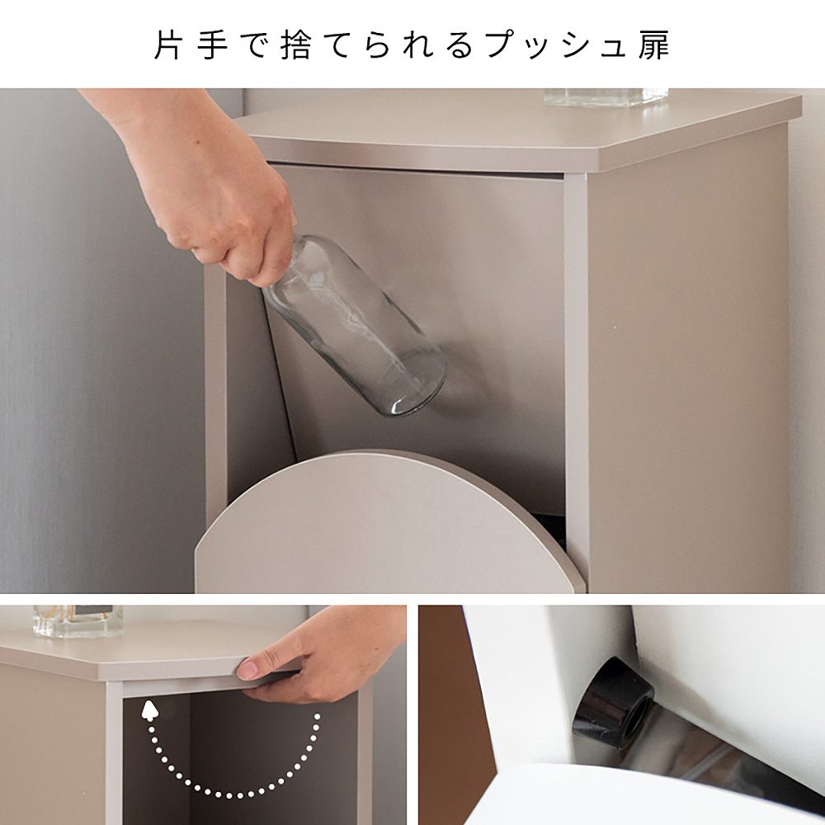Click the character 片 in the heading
coord(169,46)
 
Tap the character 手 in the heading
coord(212,46)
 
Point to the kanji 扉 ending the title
coord(654,46)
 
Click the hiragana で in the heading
coord(255,46)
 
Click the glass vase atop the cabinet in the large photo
coord(606,96)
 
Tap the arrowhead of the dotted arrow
coord(148,709)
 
